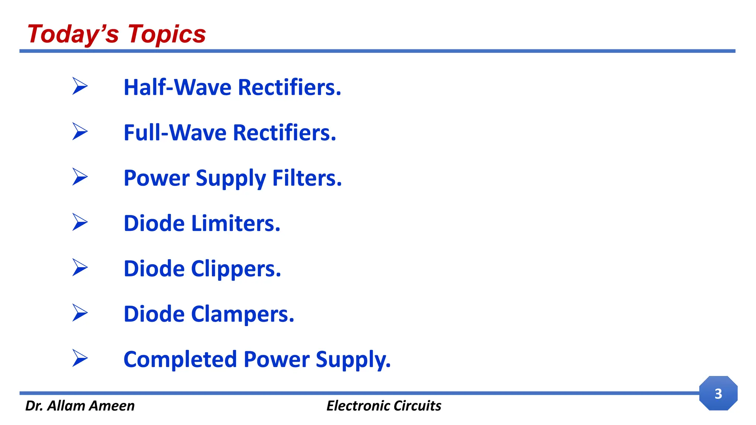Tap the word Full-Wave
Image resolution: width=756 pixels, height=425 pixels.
(x=175, y=133)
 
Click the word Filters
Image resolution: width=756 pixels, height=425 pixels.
(x=307, y=178)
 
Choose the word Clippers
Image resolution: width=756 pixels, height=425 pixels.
(x=236, y=269)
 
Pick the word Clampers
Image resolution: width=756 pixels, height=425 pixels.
(x=243, y=314)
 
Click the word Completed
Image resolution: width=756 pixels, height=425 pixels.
(x=180, y=360)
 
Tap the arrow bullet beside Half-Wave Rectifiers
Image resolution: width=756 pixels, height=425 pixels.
(x=80, y=86)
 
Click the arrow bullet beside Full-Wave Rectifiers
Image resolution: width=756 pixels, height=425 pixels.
(x=80, y=131)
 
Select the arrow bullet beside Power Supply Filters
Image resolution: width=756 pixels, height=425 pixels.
(x=80, y=177)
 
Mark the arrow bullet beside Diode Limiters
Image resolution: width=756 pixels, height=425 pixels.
(x=80, y=222)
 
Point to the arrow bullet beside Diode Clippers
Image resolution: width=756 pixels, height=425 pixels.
(x=80, y=267)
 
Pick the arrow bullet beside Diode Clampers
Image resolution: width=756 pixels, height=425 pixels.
(x=80, y=313)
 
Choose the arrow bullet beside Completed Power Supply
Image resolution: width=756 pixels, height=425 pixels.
(x=80, y=358)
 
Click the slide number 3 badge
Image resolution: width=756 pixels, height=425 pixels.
(x=718, y=393)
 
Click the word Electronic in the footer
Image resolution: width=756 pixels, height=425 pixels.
(x=358, y=406)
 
